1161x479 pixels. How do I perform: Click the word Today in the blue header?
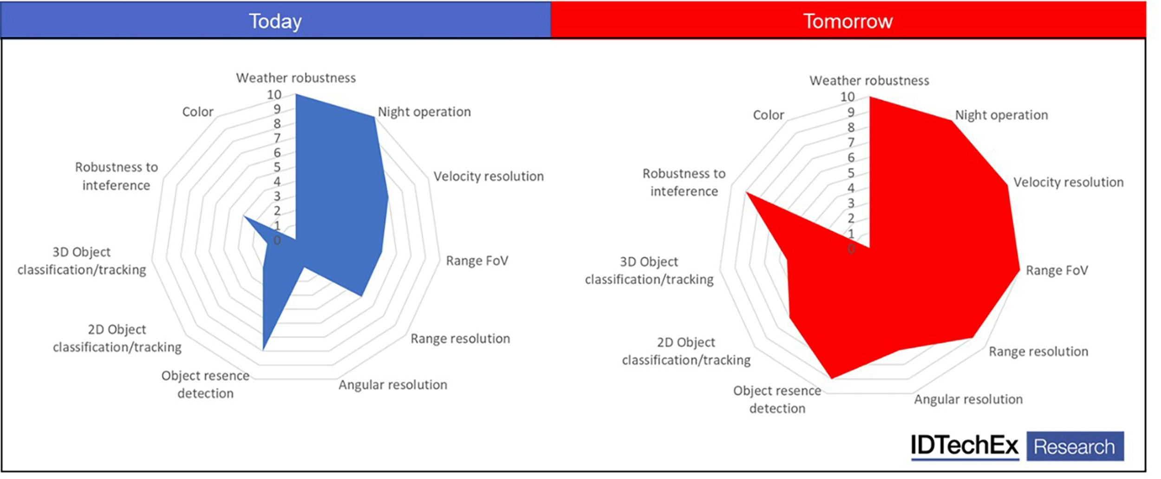(275, 21)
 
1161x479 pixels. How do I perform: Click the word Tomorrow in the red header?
(848, 21)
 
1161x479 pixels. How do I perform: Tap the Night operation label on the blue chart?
(424, 112)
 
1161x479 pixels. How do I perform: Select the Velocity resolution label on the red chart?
(1068, 182)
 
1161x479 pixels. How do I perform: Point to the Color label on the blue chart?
(197, 112)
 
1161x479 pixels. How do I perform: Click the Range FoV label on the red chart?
(1057, 270)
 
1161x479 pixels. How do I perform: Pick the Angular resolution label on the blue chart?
(392, 385)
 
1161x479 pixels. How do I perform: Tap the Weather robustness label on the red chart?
(869, 81)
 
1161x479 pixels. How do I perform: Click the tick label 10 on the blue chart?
(274, 95)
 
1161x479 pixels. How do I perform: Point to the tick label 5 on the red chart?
(851, 173)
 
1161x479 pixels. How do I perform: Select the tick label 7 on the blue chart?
(277, 138)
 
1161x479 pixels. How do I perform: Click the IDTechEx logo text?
(964, 445)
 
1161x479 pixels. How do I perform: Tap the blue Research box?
(1075, 446)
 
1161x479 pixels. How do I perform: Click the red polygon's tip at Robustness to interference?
(746, 192)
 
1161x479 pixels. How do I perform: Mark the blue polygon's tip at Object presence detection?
(263, 349)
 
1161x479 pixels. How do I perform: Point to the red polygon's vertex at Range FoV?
(1019, 269)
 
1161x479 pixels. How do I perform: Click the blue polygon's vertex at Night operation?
(374, 117)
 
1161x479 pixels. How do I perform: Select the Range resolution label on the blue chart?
(460, 339)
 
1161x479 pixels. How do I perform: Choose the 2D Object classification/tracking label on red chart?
(686, 351)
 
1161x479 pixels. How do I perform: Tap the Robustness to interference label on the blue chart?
(116, 176)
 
